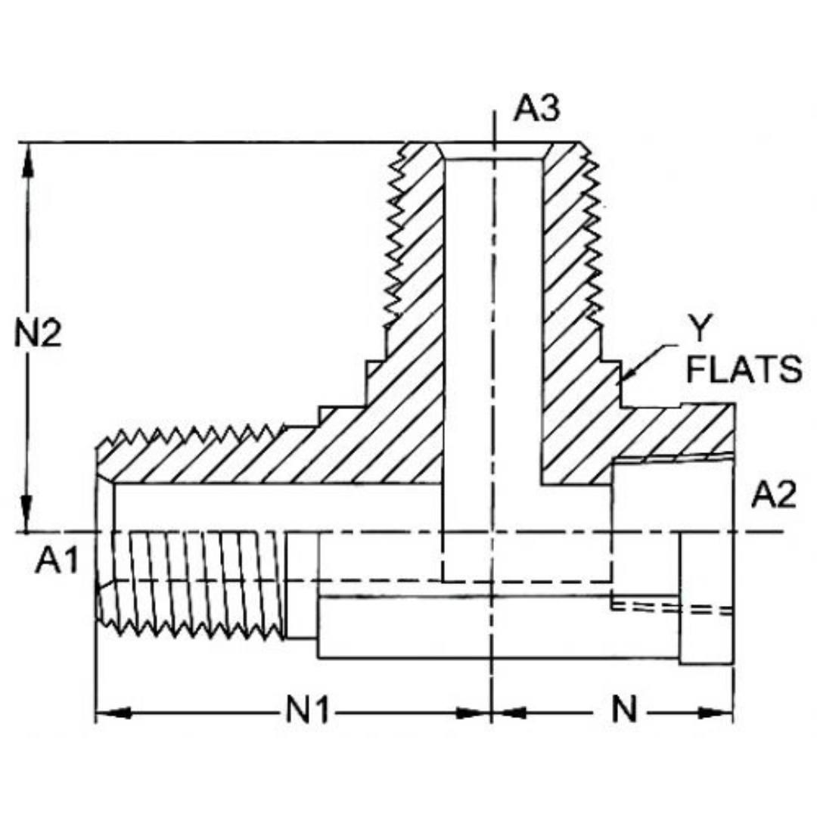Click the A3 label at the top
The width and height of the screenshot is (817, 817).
[536, 109]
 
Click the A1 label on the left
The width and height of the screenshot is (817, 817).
[57, 563]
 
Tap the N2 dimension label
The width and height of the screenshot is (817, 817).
[38, 334]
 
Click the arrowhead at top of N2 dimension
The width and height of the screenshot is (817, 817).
[28, 159]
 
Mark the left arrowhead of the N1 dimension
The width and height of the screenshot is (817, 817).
[113, 713]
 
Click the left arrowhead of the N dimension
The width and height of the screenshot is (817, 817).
[510, 713]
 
